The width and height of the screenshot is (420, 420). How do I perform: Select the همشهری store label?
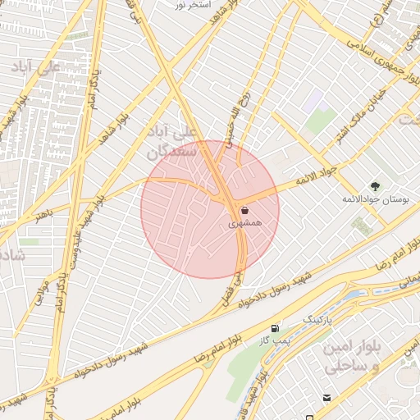[245, 222]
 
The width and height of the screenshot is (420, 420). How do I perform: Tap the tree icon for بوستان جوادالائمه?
[375, 186]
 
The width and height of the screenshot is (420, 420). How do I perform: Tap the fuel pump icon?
[275, 328]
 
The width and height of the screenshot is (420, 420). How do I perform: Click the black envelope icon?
[327, 398]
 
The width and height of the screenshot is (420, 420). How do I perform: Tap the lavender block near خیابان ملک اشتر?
[312, 103]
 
